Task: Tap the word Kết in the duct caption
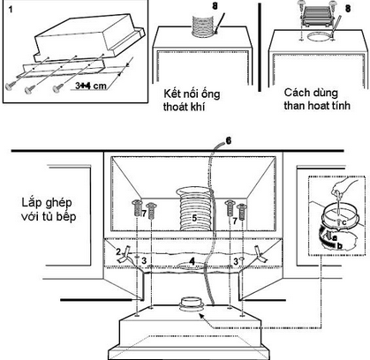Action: coord(175,93)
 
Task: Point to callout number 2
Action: coord(117,253)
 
